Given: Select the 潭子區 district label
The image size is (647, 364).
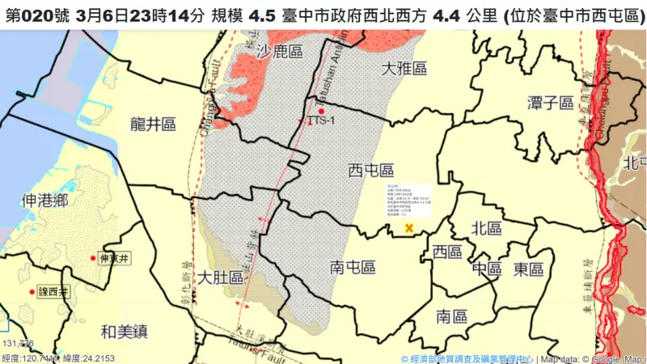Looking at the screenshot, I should [x=550, y=103].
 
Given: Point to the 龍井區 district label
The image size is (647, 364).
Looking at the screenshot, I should [x=153, y=124].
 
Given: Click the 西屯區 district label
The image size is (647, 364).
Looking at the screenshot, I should [x=370, y=171].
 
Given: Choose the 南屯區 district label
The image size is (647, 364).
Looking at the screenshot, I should [x=353, y=266].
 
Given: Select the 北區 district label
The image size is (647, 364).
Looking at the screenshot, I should [x=488, y=228].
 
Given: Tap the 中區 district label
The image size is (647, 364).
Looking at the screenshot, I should [x=488, y=268].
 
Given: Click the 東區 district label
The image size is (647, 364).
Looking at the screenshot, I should [x=527, y=269].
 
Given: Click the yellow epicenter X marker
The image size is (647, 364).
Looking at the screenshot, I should [x=409, y=228].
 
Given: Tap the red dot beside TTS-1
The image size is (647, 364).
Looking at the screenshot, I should [x=321, y=111].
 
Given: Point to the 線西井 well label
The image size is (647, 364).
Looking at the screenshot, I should [x=53, y=291].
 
